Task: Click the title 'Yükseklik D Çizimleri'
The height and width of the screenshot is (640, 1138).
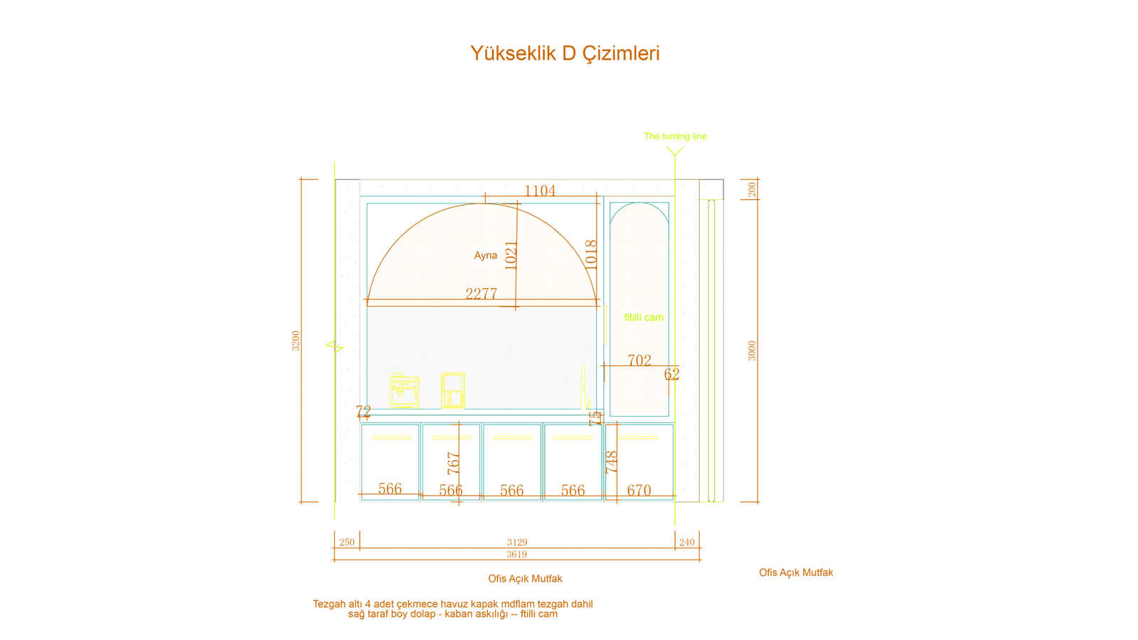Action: (565, 53)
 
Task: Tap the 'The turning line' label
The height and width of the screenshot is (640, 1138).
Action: (675, 136)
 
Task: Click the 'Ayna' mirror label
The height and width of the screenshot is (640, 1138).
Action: (485, 255)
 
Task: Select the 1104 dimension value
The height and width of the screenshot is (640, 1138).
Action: (540, 191)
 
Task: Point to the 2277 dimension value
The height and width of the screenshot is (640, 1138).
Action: (481, 294)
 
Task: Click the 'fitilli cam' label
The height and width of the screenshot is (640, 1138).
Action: (644, 317)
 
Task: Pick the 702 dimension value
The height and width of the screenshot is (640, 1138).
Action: (639, 360)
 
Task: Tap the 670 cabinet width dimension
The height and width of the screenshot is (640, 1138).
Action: (639, 490)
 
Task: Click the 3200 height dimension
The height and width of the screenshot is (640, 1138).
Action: (296, 341)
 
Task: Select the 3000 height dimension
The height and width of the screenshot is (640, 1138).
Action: (752, 351)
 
